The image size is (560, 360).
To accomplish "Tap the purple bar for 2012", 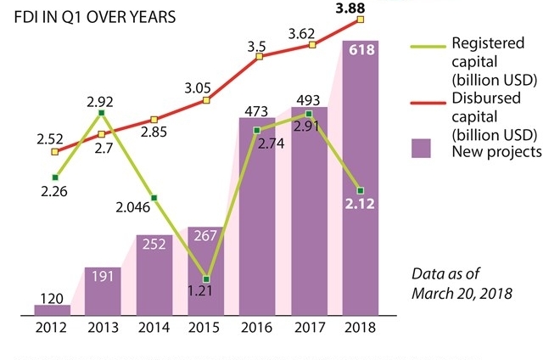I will click(53, 310).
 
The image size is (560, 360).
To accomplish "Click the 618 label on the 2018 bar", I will click(361, 55).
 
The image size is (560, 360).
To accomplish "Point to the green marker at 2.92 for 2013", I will click(102, 113).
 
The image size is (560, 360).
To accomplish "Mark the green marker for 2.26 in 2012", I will click(54, 177).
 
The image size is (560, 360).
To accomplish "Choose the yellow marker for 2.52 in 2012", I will click(54, 152).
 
